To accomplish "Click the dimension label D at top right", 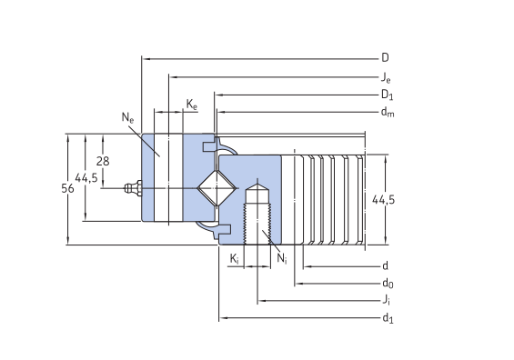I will (x=385, y=57).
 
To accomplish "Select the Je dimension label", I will (x=386, y=76).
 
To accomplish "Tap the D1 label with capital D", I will (x=387, y=95).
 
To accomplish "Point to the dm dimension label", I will (x=388, y=113).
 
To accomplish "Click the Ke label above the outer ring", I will (x=192, y=105).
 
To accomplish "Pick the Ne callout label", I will (x=127, y=117).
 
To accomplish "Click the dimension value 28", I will (x=103, y=161).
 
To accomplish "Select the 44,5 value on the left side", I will (x=86, y=177).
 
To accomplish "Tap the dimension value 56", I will (x=67, y=188).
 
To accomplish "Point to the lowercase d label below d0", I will (x=386, y=265).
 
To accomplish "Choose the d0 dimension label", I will (x=387, y=283).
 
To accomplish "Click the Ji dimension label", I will (x=386, y=300).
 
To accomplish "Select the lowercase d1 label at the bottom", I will (x=388, y=317).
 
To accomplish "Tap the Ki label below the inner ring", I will (x=235, y=260).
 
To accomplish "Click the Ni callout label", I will (x=281, y=260).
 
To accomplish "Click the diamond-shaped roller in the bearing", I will (x=218, y=188).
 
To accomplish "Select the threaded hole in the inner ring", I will (x=258, y=214).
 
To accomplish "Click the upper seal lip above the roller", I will (x=223, y=145).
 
